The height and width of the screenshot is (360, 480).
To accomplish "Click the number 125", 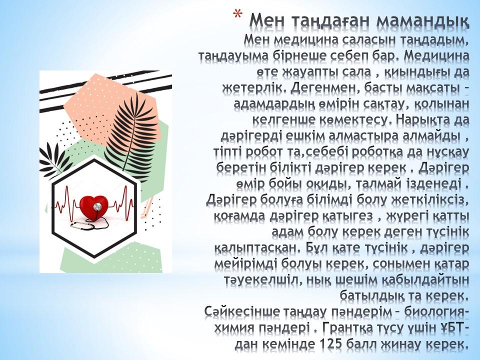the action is click(330, 344).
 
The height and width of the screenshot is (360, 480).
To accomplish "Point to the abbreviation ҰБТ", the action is click(449, 328).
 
